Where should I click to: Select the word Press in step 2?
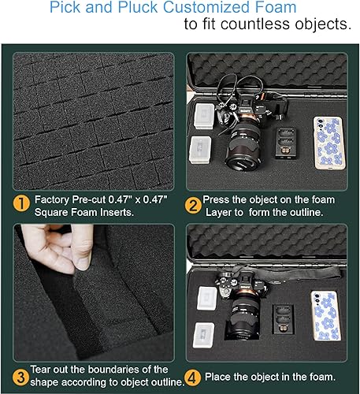click(218, 200)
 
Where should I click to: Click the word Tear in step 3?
click(44, 369)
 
